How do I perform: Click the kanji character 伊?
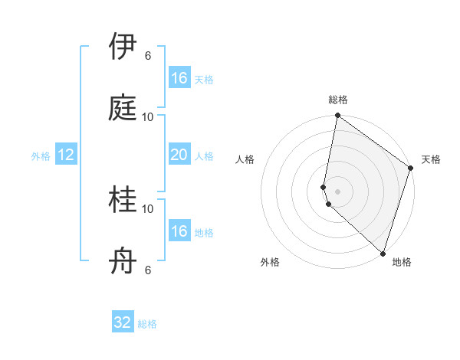tap(123, 47)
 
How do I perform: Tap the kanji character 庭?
tap(123, 108)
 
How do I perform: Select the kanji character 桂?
tap(123, 201)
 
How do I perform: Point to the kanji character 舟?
tap(123, 262)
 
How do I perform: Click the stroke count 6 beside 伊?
tap(148, 55)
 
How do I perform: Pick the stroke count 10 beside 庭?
tap(148, 116)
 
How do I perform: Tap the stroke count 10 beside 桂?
tap(148, 208)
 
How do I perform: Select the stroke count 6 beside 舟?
tap(148, 270)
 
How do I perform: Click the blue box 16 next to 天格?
tap(179, 78)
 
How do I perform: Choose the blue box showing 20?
tap(179, 155)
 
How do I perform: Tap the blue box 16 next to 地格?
tap(179, 231)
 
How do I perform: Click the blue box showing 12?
tap(66, 155)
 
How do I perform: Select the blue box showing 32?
tap(123, 323)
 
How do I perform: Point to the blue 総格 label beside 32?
tap(147, 324)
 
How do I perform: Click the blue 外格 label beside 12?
tap(41, 156)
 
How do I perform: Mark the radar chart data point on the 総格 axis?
tap(337, 116)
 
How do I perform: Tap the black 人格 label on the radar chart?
tap(245, 159)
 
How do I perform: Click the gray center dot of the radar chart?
tap(337, 191)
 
